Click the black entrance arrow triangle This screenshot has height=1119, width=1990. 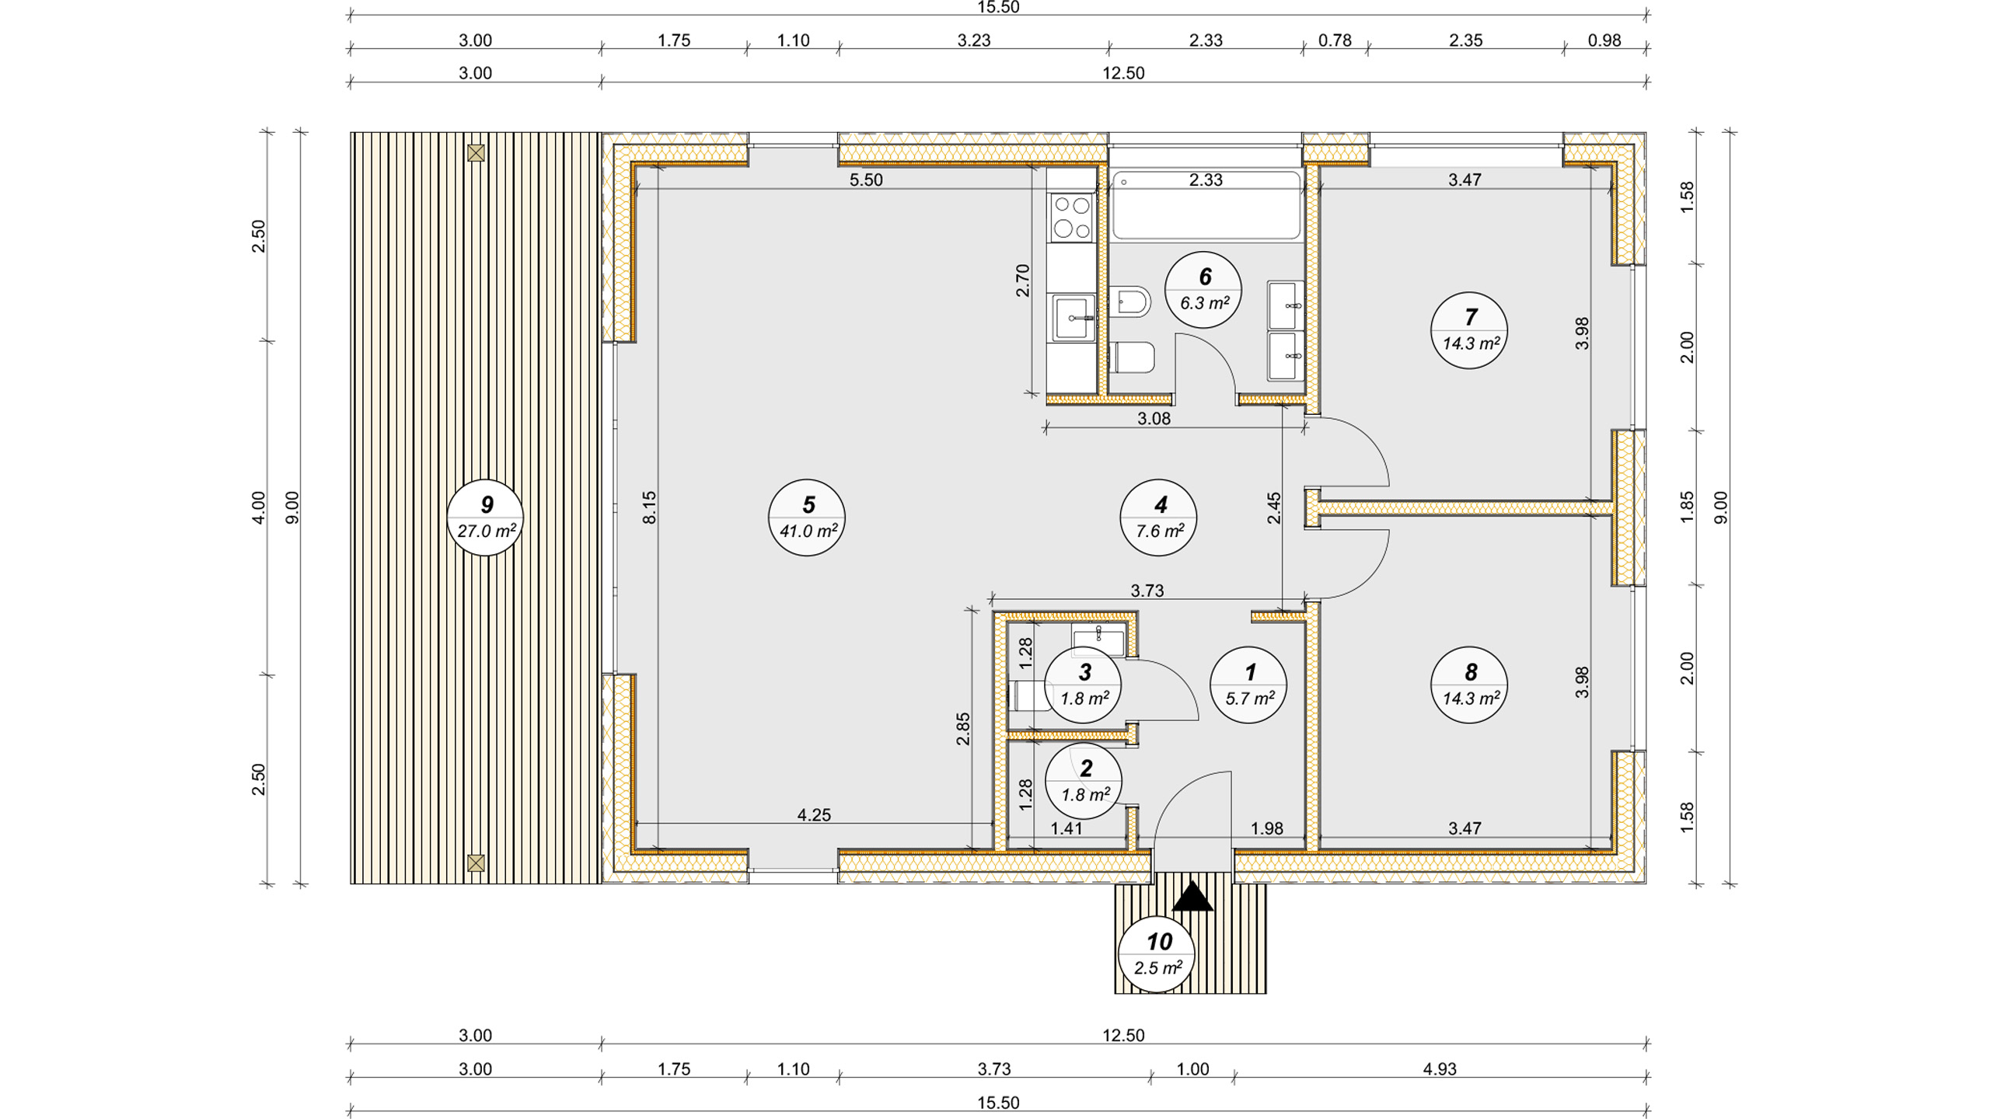[x=1192, y=897]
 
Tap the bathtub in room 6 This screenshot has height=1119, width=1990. [x=1206, y=204]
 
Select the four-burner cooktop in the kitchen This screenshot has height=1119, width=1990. [x=1072, y=218]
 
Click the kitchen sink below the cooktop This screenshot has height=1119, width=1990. [x=1073, y=318]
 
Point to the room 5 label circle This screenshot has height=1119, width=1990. [x=807, y=518]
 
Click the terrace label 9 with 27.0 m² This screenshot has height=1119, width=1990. [x=486, y=518]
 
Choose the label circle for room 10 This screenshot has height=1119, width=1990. [x=1157, y=954]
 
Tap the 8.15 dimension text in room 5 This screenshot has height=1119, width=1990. [x=650, y=507]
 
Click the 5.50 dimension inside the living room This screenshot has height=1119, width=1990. [x=866, y=180]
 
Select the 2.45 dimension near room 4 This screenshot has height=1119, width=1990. [x=1274, y=508]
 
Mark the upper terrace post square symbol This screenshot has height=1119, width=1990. [x=476, y=153]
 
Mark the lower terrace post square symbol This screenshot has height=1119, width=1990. [x=476, y=863]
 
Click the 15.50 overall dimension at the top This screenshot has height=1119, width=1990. [x=998, y=8]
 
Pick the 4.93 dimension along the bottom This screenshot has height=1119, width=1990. [x=1440, y=1069]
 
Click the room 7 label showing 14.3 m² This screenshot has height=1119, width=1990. [x=1469, y=330]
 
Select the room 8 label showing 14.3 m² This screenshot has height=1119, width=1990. [x=1469, y=685]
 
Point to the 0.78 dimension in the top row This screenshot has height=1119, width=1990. [x=1335, y=40]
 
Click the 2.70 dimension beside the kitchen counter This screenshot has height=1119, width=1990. [x=1023, y=281]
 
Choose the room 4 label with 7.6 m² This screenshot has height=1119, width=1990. [x=1158, y=518]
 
